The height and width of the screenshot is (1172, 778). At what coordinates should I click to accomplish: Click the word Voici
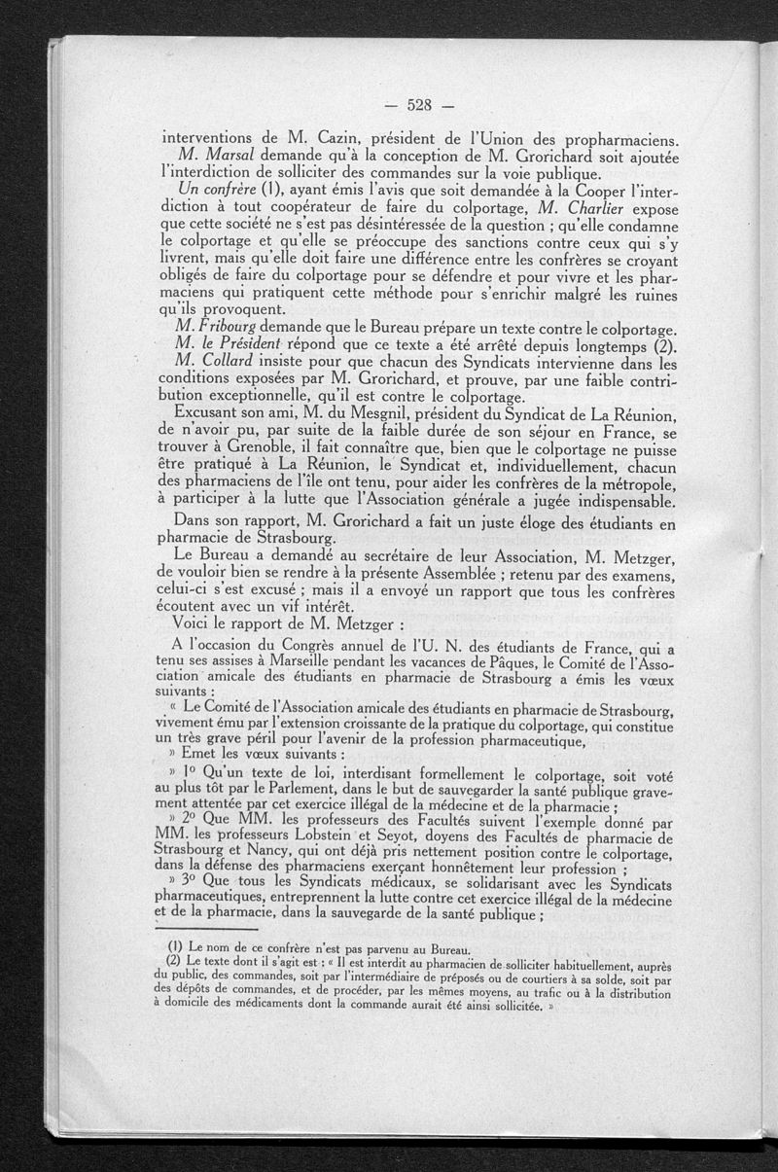pyautogui.click(x=193, y=622)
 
